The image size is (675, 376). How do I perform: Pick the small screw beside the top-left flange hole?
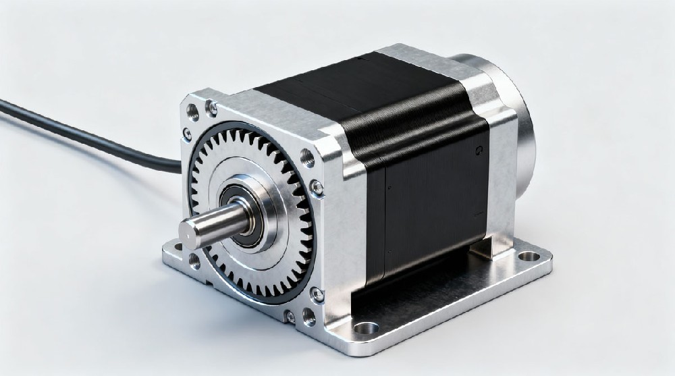click(x=211, y=105)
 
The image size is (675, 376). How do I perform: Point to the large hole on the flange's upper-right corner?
click(x=307, y=158)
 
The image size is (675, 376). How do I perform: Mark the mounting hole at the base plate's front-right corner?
click(x=367, y=329)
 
